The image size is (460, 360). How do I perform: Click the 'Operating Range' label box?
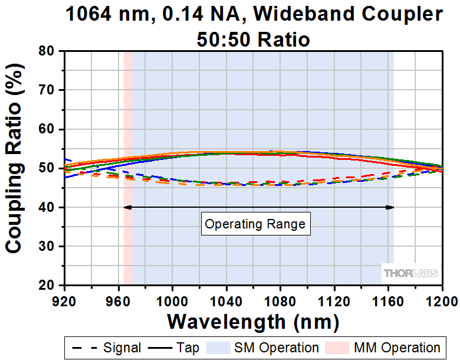(255, 224)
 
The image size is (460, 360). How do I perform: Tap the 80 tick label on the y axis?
(47, 51)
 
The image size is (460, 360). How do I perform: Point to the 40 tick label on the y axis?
(47, 207)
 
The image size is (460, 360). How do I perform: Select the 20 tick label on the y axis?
(47, 285)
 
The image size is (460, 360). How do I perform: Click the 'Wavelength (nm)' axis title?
(253, 322)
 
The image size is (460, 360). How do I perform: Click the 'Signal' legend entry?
(106, 348)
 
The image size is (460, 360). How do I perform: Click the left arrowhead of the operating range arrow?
(127, 207)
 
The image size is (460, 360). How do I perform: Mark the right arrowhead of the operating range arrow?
(390, 207)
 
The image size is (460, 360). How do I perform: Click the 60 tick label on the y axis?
(47, 129)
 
